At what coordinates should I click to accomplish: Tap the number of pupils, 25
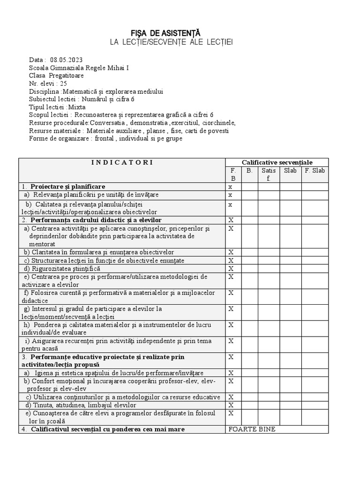pos(64,83)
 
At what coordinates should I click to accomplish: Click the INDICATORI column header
pos(122,162)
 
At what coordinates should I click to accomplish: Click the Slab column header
pos(290,171)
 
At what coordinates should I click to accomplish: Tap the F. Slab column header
pos(315,171)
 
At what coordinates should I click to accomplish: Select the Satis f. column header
pos(269,174)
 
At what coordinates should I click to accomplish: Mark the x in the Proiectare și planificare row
pos(230,187)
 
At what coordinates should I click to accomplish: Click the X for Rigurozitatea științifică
pos(231,269)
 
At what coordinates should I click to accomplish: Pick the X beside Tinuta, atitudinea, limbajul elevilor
pos(231,405)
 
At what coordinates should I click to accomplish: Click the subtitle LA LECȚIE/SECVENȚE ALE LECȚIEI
pos(171,42)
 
